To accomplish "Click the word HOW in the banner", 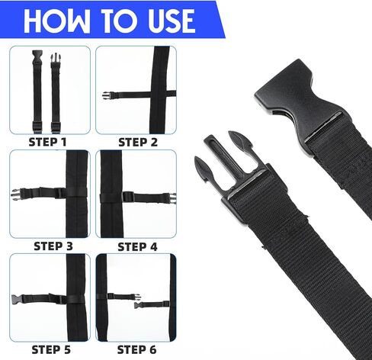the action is (56, 21).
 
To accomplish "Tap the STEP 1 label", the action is (47, 142).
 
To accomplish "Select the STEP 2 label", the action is (138, 142).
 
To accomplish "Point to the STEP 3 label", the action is (53, 246).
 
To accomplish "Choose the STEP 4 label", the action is (137, 247).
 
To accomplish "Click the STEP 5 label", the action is (51, 349).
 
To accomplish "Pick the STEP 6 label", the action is (136, 350).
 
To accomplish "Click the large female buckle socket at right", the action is (292, 97).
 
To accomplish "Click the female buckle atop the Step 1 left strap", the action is (37, 56).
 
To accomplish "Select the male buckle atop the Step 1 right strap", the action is (55, 59).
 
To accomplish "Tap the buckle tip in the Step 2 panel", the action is (106, 95).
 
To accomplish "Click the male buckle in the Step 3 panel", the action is (16, 194).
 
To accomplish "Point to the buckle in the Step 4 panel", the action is (172, 198).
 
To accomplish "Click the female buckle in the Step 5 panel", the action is (17, 300).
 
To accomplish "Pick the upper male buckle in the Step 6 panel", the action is (137, 297).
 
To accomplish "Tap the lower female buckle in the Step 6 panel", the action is (137, 305).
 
